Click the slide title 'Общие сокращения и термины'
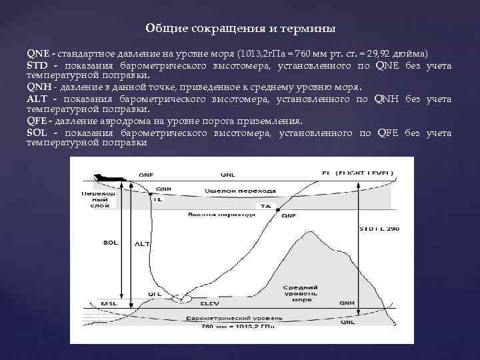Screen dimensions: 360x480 point(240,29)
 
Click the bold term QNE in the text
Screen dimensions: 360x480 point(37,52)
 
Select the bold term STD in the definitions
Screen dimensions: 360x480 point(37,65)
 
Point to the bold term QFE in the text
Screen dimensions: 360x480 point(37,121)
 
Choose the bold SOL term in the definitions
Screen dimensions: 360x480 point(37,133)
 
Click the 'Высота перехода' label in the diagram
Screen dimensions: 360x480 point(221,215)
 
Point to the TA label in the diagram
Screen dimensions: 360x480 point(266,207)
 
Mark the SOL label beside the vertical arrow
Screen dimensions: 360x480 point(111,243)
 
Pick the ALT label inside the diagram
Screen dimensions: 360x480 point(143,244)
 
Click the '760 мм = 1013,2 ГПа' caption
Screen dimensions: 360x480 point(237,327)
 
